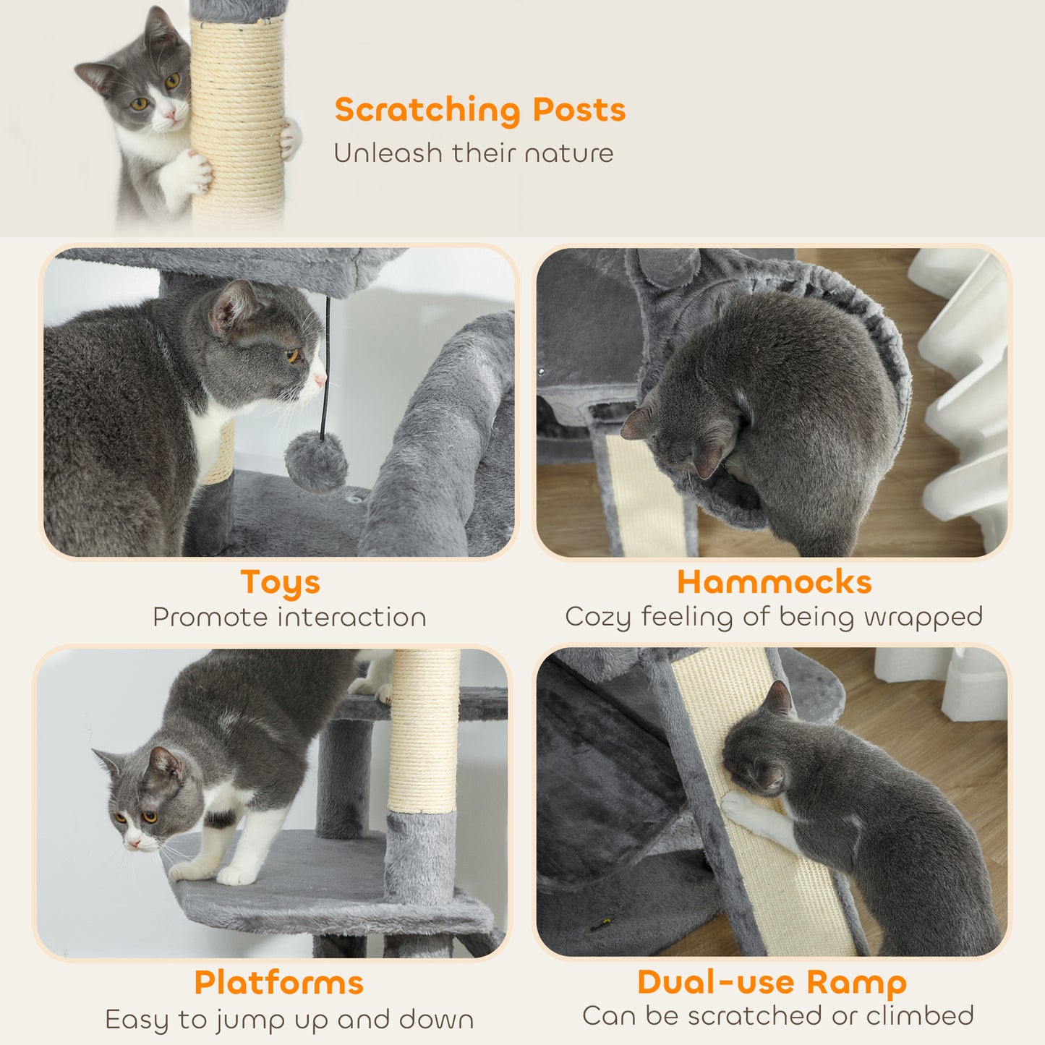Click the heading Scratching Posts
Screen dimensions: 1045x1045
point(479,110)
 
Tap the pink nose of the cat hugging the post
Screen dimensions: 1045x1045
point(171,114)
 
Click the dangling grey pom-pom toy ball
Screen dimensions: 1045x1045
point(316,461)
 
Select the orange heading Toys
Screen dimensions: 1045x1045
point(280,582)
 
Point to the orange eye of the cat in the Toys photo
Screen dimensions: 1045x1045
point(293,356)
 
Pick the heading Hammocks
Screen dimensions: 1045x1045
point(774,582)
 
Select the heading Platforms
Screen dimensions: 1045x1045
point(278,983)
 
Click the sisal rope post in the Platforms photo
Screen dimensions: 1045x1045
point(424,730)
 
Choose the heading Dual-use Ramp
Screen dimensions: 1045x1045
point(772,982)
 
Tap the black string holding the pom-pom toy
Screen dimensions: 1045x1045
point(326,362)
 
